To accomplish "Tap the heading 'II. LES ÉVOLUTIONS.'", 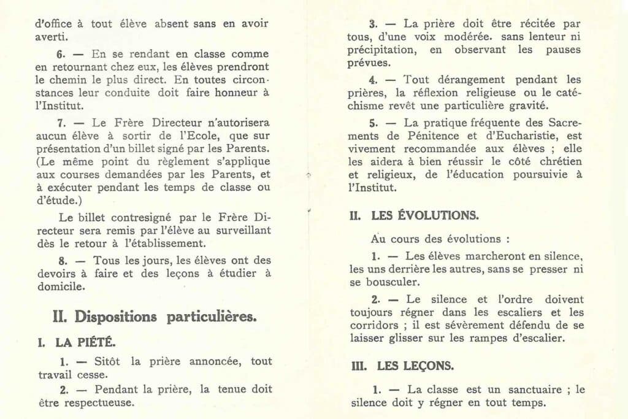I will click(x=415, y=216).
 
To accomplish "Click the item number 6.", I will click(x=61, y=54).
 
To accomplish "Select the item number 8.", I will click(x=61, y=260).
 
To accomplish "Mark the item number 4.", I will click(x=373, y=80).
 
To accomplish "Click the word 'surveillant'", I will click(x=240, y=231).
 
